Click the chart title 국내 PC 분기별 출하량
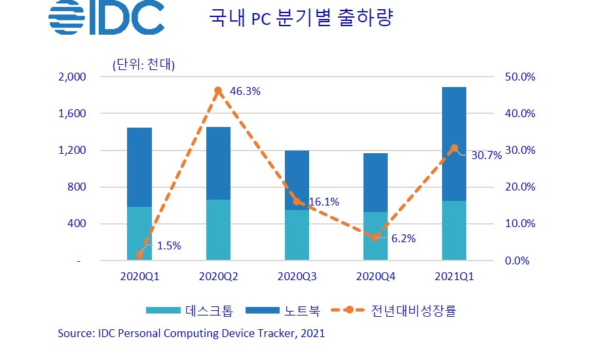click(x=300, y=19)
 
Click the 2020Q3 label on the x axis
click(x=297, y=277)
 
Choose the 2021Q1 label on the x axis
click(x=453, y=277)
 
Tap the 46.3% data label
click(x=246, y=92)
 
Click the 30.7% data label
click(x=486, y=156)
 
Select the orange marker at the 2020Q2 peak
click(x=218, y=90)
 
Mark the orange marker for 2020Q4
click(x=375, y=238)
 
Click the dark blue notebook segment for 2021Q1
click(x=453, y=144)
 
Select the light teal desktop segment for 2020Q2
click(x=218, y=230)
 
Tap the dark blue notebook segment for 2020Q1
click(x=139, y=167)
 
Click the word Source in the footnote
click(x=75, y=333)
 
